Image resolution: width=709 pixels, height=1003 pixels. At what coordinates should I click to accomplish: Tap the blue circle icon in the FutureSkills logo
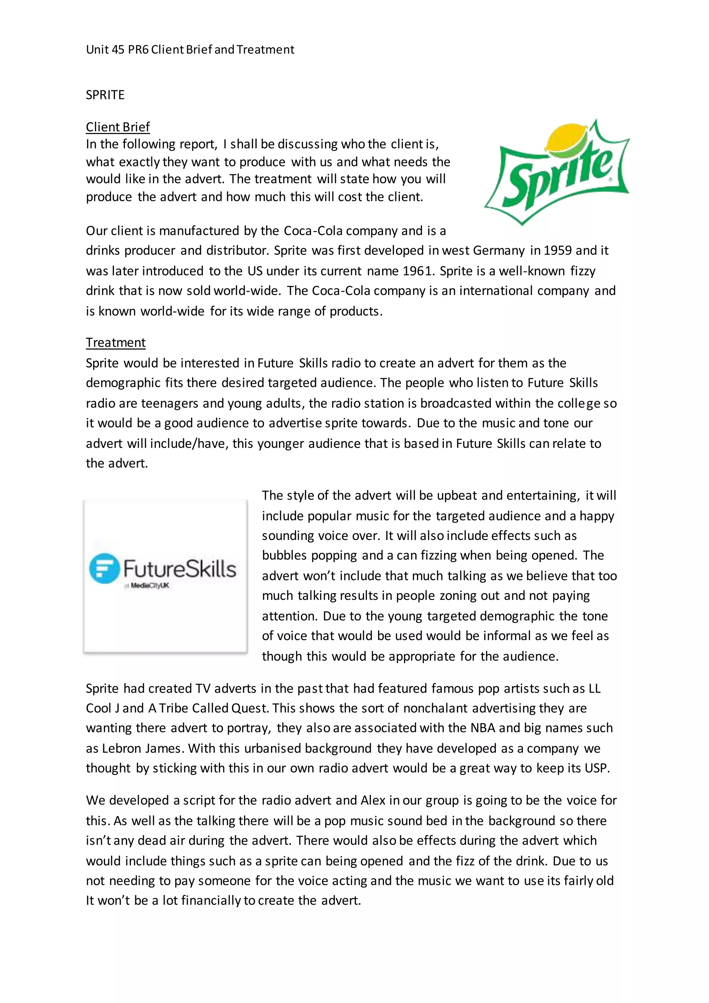pyautogui.click(x=104, y=568)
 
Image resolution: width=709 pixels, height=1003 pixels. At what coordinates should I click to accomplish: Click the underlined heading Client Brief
pyautogui.click(x=118, y=127)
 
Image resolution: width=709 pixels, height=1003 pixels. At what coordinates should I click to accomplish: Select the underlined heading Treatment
pyautogui.click(x=116, y=343)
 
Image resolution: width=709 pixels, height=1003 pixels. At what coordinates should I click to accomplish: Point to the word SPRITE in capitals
pyautogui.click(x=105, y=95)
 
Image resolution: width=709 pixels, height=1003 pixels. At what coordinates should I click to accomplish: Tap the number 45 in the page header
pyautogui.click(x=118, y=50)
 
